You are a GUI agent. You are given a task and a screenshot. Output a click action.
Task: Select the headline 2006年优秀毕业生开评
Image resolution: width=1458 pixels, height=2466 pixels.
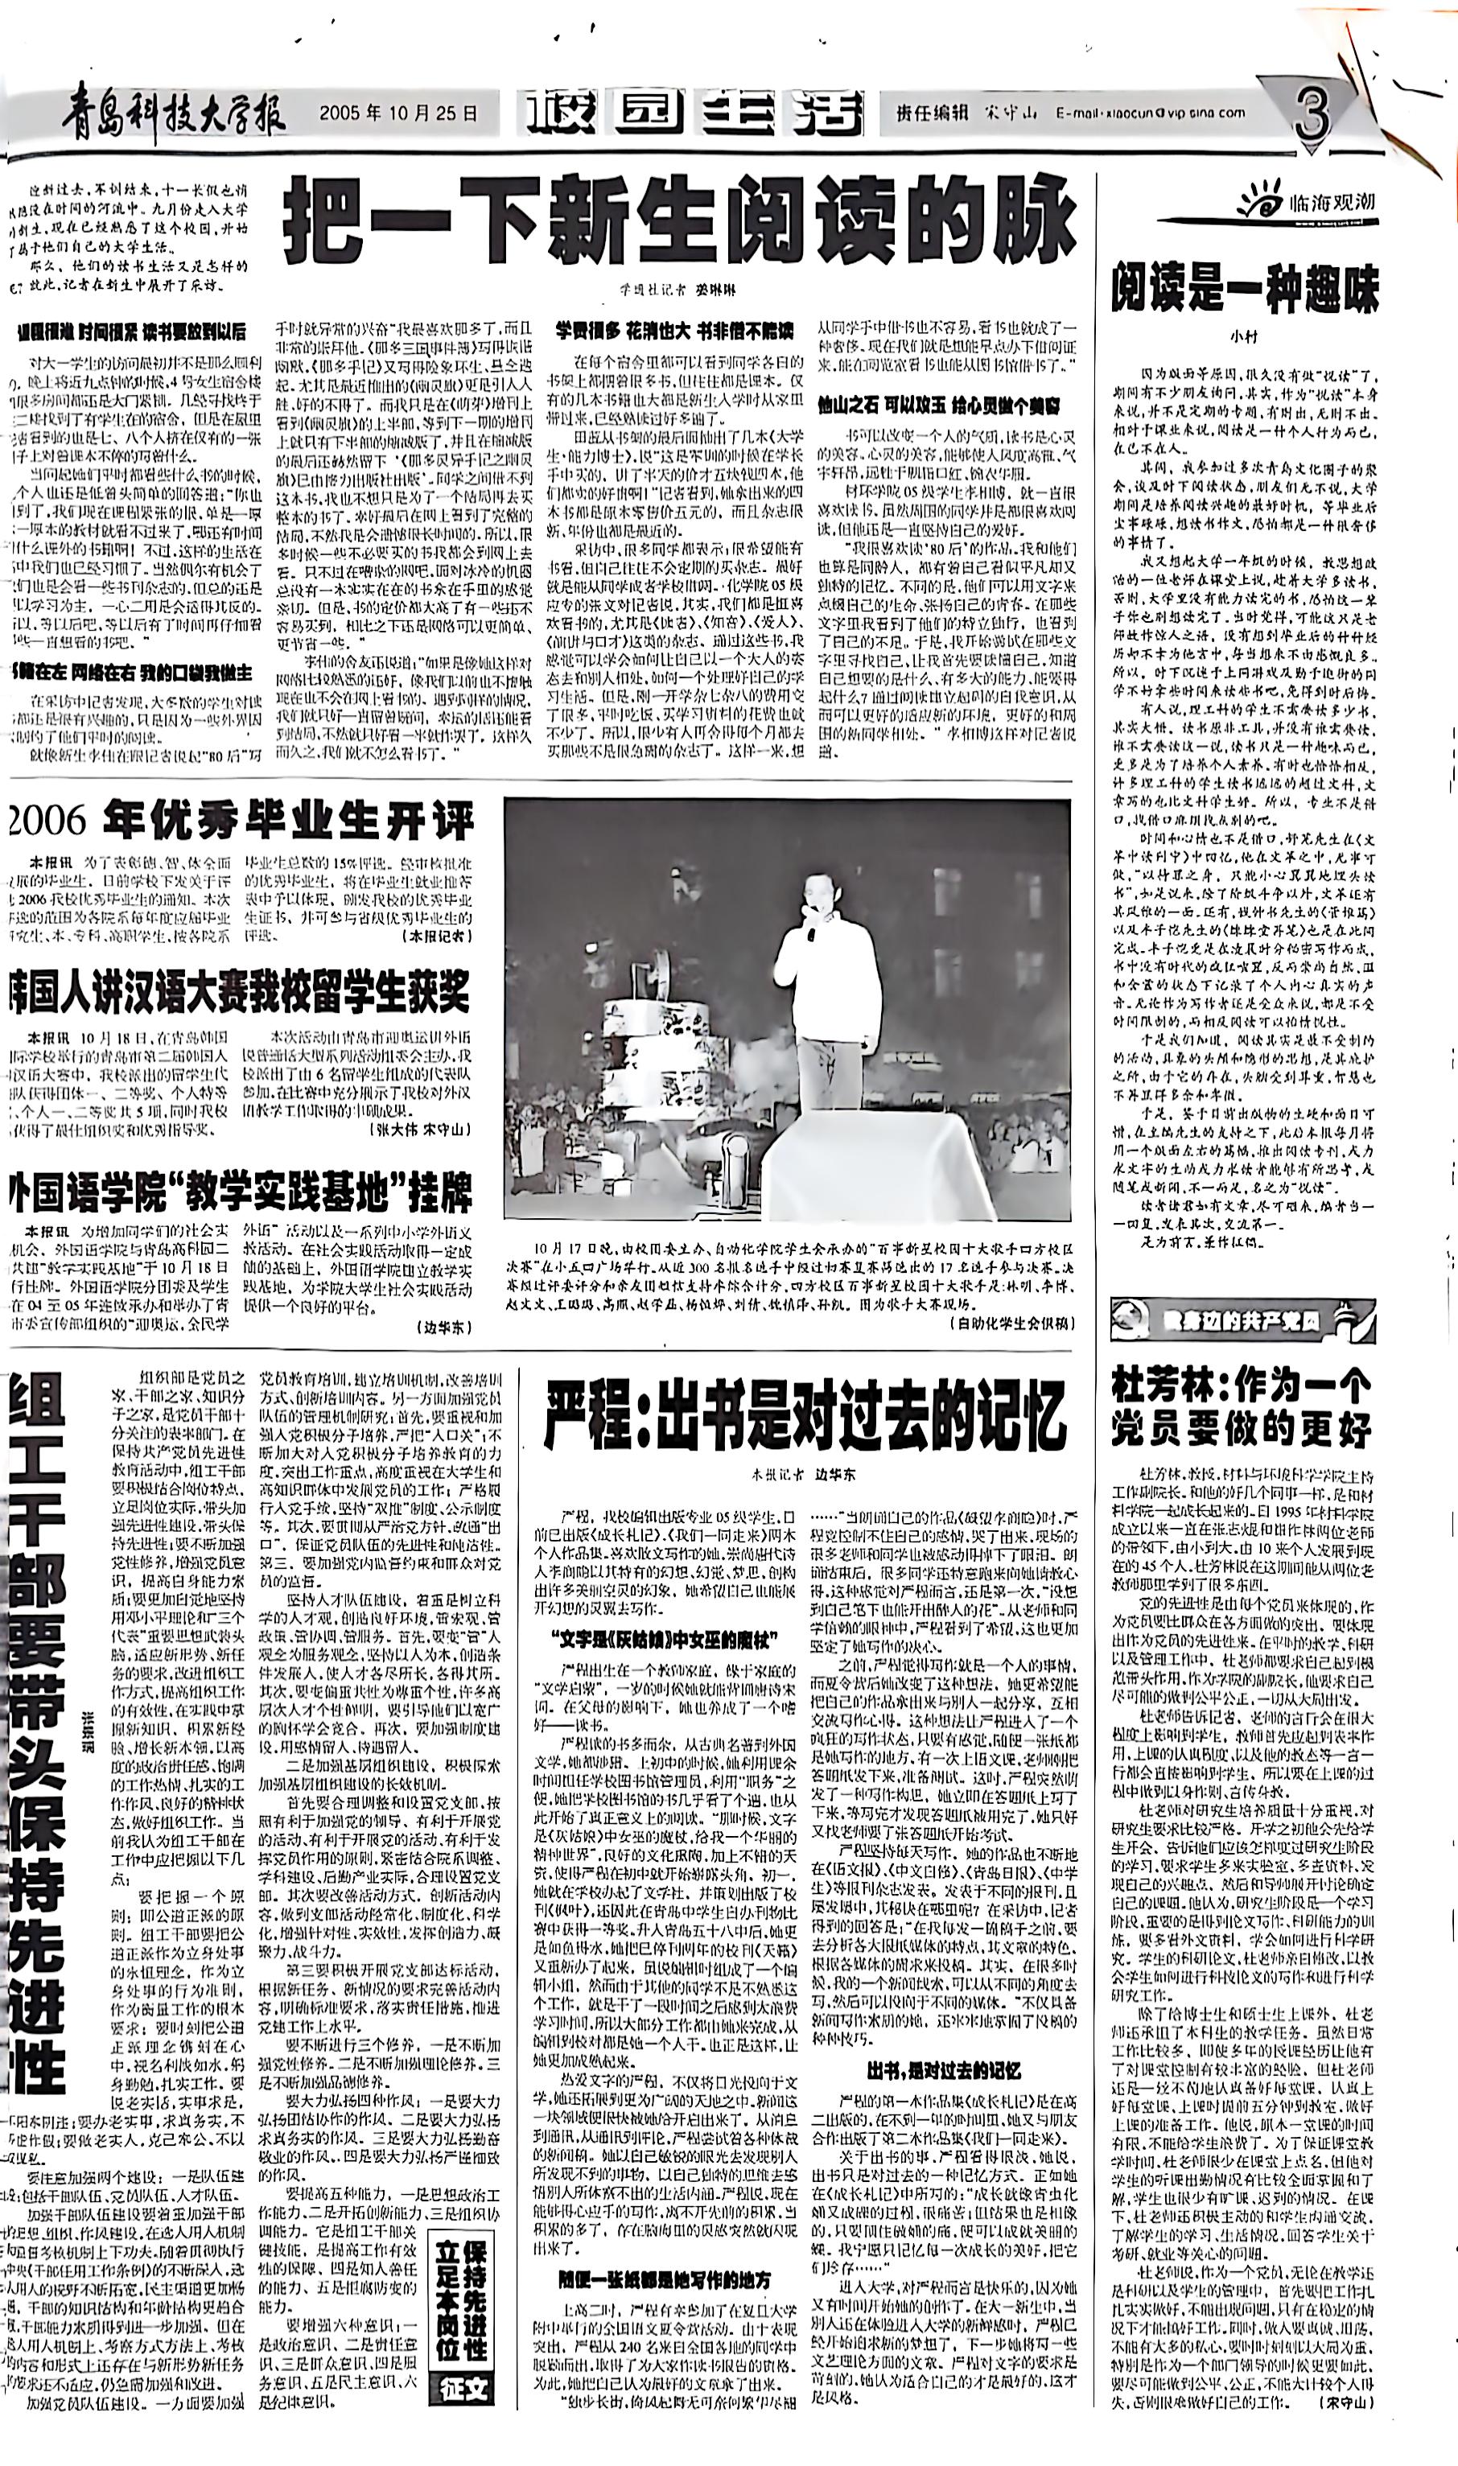tap(241, 821)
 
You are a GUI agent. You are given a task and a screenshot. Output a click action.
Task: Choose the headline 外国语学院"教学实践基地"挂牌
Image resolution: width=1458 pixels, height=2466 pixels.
tap(241, 1192)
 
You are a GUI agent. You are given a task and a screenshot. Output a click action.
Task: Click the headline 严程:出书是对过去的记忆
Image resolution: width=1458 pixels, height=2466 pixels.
tap(805, 1415)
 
